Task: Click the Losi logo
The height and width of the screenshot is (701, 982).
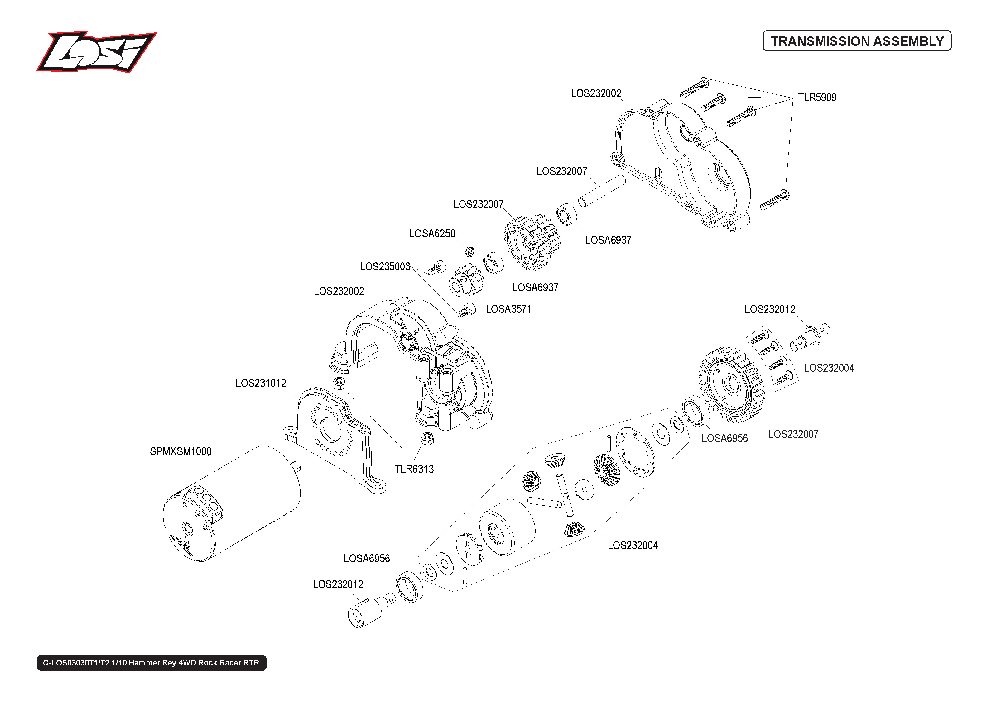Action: tap(96, 52)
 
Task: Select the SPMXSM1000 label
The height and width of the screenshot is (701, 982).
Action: tap(181, 451)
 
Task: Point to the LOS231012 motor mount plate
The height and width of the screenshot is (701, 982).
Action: tap(333, 436)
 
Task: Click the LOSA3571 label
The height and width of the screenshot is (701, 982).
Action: tap(508, 309)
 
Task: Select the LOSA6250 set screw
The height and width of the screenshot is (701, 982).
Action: tap(470, 251)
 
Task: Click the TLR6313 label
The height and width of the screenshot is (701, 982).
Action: tap(414, 469)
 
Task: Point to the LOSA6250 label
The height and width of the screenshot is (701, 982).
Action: tap(432, 234)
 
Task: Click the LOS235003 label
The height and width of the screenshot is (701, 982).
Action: tap(385, 267)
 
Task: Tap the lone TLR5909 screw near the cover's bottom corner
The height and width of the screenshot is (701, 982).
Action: tap(775, 200)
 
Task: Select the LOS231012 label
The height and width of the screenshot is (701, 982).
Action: tap(260, 383)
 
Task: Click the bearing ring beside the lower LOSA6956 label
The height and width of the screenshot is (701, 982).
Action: tap(409, 587)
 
